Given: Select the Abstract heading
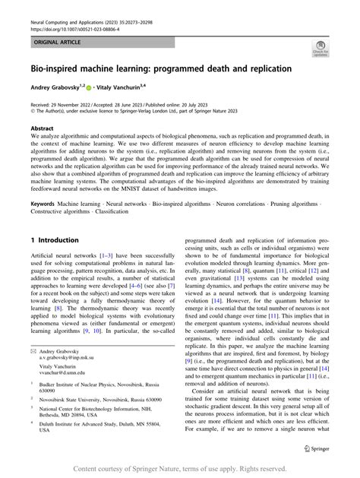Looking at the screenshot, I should coord(43,129).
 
